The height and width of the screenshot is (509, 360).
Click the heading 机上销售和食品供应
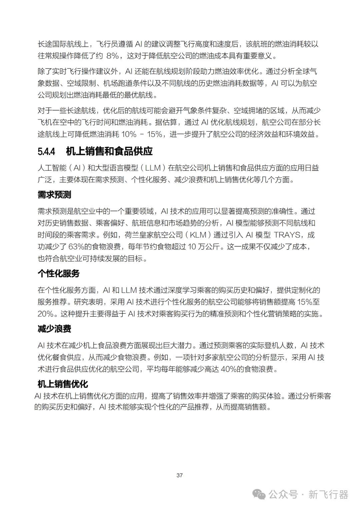coord(109,152)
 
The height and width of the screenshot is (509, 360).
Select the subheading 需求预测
coord(54,195)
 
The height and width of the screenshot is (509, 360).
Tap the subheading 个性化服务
coord(58,274)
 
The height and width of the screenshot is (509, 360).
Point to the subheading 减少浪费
coord(54,329)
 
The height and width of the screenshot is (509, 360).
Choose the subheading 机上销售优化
coord(63,384)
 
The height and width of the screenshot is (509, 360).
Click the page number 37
coord(180,475)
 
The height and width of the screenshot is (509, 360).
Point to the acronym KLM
coord(198,235)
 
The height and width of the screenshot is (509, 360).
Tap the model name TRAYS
coord(287,235)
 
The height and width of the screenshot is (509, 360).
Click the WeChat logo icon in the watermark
coord(259,494)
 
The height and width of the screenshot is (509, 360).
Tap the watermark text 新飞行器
coord(328,494)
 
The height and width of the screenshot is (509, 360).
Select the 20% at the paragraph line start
coord(46,314)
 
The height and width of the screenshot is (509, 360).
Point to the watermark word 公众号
coord(283,494)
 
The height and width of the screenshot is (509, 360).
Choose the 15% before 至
coord(304,302)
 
